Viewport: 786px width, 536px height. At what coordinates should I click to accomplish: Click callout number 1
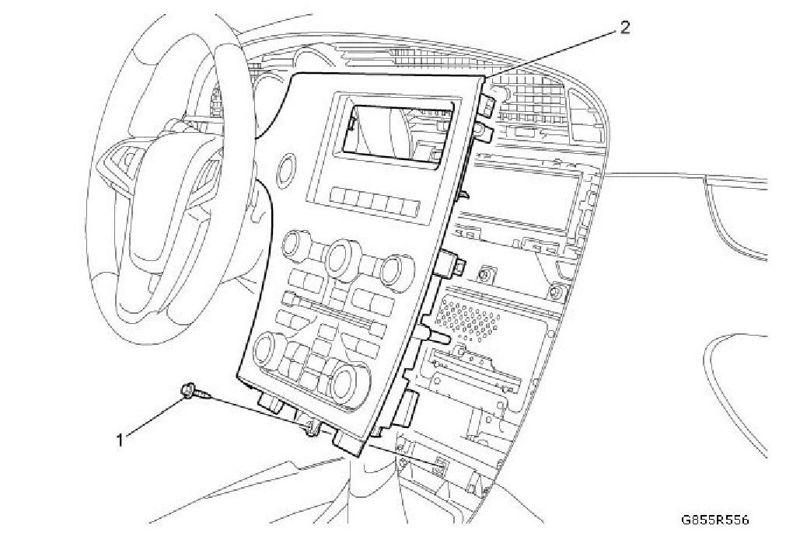120,440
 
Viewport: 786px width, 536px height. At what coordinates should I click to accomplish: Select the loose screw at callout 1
194,393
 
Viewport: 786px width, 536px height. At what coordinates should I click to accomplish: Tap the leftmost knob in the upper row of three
296,248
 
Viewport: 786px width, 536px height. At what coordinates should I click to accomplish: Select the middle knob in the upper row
341,256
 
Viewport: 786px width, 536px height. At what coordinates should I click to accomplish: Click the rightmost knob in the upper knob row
390,268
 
